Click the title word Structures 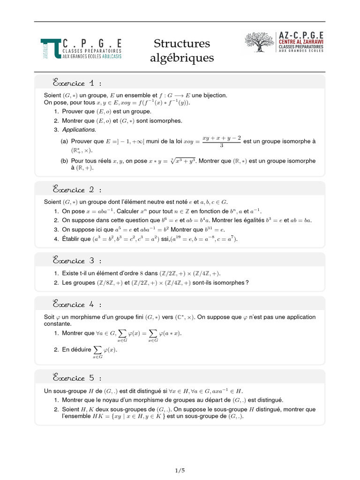[x=182, y=44]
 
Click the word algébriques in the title [x=182, y=59]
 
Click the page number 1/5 [x=180, y=470]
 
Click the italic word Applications [x=79, y=129]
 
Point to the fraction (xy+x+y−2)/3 [x=221, y=141]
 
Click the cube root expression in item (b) [x=183, y=161]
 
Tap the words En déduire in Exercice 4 [x=76, y=350]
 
